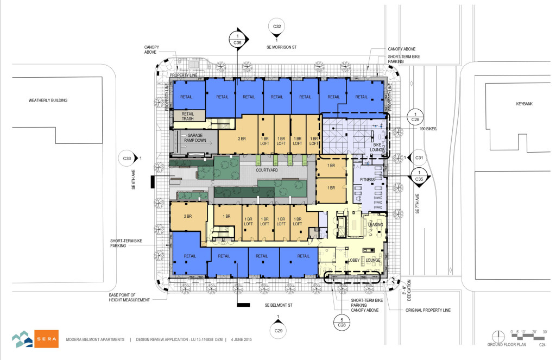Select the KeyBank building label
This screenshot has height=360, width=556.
click(510, 103)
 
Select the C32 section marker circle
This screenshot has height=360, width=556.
click(277, 27)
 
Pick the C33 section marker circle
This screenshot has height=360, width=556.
click(127, 159)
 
